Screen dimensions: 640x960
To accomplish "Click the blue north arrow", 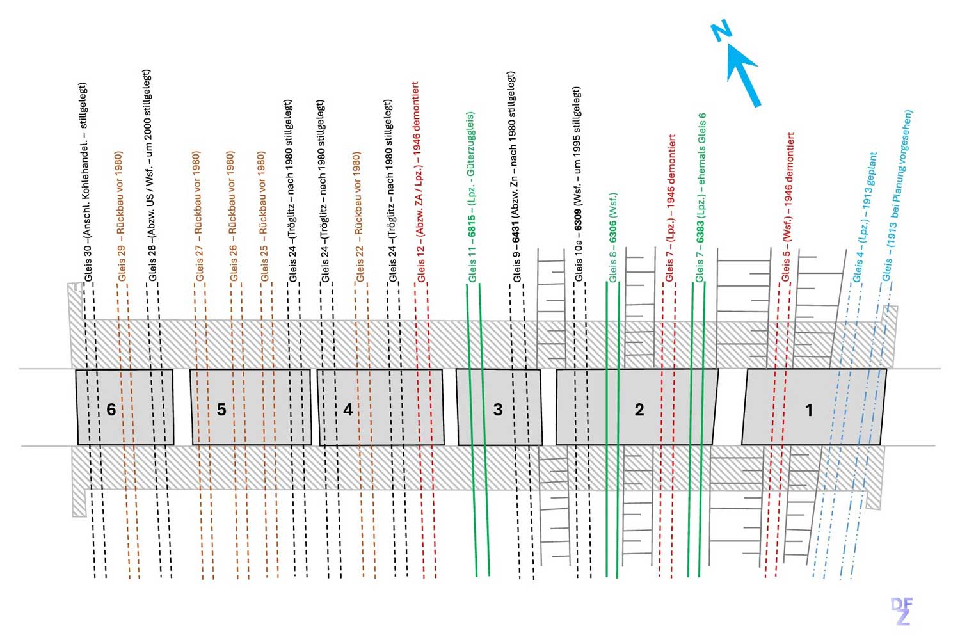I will pos(744,76).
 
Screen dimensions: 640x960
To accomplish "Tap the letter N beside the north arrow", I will pos(721,31).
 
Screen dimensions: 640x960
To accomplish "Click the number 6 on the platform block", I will pos(111,409).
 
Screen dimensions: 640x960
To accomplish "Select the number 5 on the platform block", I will pos(221,409).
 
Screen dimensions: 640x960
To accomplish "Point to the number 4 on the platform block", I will pos(348,409).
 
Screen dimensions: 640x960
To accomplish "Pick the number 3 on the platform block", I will pos(498,409).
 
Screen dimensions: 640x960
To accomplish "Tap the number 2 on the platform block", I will pos(639,409).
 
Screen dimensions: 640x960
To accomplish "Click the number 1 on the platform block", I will pos(809,409).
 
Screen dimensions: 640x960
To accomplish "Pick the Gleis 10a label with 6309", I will pos(578,186).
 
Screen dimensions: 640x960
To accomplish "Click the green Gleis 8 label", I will pos(613,237).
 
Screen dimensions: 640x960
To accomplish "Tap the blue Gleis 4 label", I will pos(865,218).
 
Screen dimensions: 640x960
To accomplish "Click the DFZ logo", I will pos(902,611).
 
